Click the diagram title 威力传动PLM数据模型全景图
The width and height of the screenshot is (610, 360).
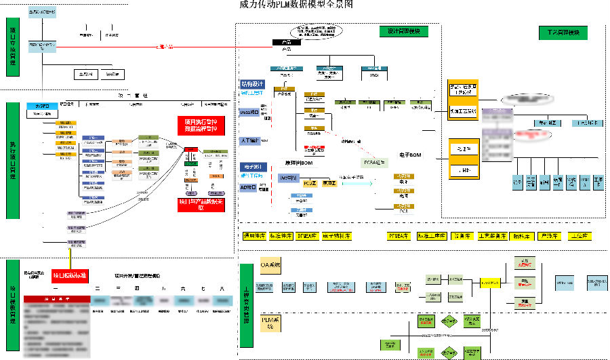click(x=296, y=5)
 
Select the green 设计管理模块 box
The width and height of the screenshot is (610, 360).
click(x=403, y=32)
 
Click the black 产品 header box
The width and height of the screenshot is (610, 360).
click(x=286, y=43)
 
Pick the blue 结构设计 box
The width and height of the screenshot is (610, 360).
click(x=252, y=84)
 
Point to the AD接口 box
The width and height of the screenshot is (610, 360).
click(x=249, y=187)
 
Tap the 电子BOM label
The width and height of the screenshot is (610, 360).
click(x=410, y=156)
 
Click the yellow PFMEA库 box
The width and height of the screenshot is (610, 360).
click(x=398, y=237)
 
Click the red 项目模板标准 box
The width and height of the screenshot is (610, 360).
click(x=70, y=275)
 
